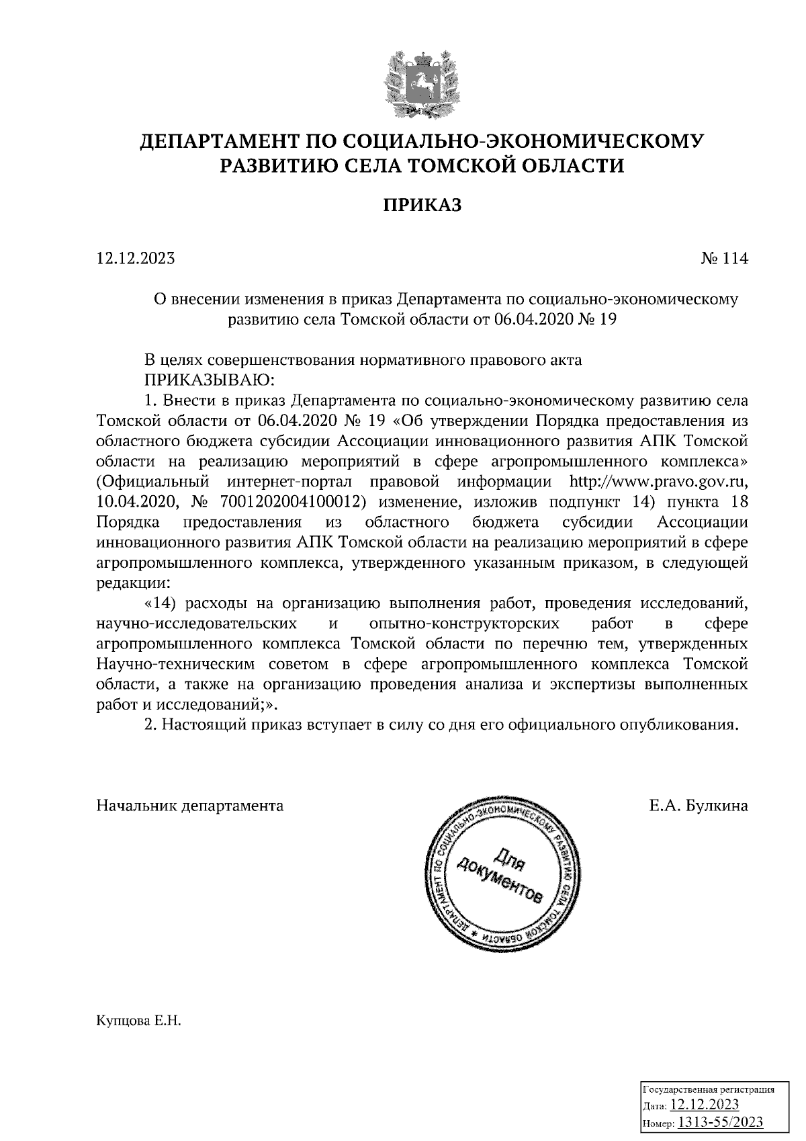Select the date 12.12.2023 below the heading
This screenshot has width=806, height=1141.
click(x=136, y=259)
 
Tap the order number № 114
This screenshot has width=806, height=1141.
click(x=723, y=259)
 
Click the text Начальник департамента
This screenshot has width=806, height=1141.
click(x=190, y=806)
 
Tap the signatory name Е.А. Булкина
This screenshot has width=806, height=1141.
click(x=699, y=806)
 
